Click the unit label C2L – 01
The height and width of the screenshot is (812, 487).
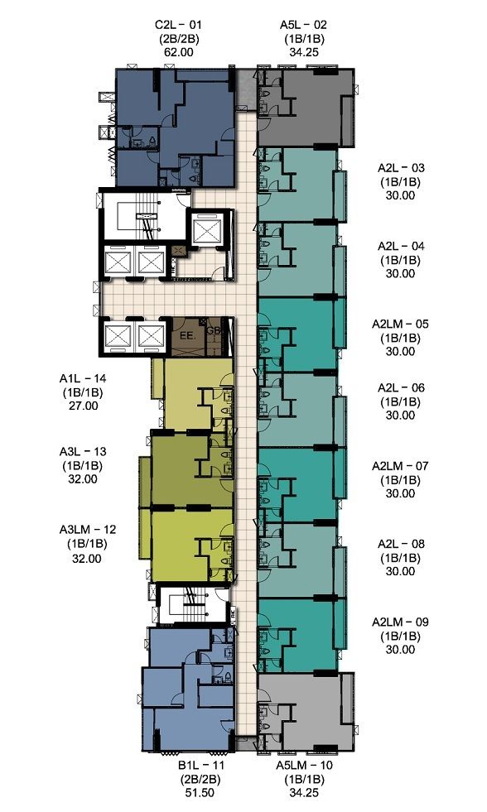click(x=178, y=24)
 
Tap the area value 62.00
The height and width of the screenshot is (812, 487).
click(x=178, y=52)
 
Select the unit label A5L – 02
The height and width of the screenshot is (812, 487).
click(x=304, y=24)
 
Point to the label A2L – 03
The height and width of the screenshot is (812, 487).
click(x=401, y=168)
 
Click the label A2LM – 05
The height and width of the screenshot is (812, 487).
click(x=401, y=324)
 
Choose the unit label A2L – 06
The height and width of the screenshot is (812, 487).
click(x=401, y=388)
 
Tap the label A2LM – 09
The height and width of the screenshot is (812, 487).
click(x=401, y=622)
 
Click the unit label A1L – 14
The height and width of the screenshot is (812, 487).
click(x=83, y=378)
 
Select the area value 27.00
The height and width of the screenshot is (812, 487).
click(x=83, y=406)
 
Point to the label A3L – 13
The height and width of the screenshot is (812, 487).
click(x=83, y=452)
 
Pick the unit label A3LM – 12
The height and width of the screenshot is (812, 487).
click(x=88, y=530)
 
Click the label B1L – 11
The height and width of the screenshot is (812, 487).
click(x=200, y=765)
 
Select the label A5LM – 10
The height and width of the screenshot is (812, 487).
click(x=304, y=765)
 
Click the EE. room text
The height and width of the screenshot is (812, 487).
click(x=187, y=335)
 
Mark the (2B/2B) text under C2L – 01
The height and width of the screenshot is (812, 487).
click(x=179, y=38)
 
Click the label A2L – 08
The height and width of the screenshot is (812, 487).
click(x=401, y=544)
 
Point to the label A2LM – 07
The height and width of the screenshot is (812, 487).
click(x=401, y=466)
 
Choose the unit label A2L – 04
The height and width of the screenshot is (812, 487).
click(x=401, y=246)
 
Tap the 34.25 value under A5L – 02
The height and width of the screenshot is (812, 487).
click(x=304, y=52)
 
